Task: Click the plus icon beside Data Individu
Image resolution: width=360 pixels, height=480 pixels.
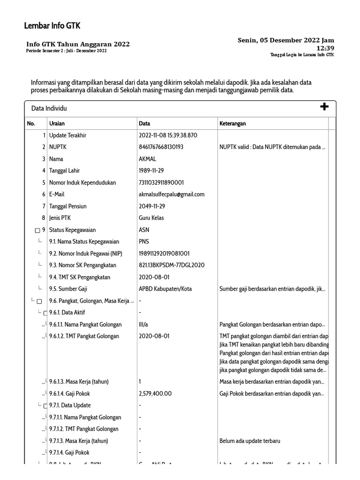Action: click(324, 107)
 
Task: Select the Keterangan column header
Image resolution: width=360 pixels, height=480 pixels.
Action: click(232, 124)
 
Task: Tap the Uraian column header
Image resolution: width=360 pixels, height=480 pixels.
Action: click(57, 124)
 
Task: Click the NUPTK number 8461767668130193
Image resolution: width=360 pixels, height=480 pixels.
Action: click(161, 147)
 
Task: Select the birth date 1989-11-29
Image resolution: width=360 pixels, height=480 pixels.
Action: click(151, 171)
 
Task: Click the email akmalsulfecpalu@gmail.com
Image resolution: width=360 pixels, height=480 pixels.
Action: click(172, 194)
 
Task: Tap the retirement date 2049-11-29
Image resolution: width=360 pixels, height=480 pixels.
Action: click(152, 206)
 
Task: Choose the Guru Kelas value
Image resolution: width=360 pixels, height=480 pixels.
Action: click(151, 218)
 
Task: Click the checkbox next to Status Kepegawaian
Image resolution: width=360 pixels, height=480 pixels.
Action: click(37, 231)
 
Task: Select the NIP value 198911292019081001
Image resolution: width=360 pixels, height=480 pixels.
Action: click(164, 254)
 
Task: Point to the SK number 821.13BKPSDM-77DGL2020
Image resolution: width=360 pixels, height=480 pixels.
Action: click(172, 265)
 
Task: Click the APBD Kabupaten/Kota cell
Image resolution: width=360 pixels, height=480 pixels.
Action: click(165, 289)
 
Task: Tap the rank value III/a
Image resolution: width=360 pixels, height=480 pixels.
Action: click(144, 324)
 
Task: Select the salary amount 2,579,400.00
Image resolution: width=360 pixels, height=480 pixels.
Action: click(155, 394)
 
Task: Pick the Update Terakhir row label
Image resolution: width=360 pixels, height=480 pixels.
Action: click(67, 135)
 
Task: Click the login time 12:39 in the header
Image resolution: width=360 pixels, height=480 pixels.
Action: click(325, 48)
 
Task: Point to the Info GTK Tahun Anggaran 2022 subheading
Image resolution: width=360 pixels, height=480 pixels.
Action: click(78, 45)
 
